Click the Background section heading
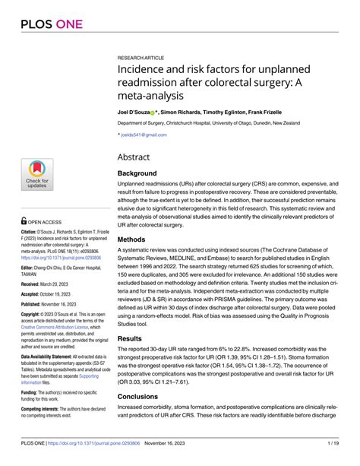click(142, 173)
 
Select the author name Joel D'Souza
click(137, 111)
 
